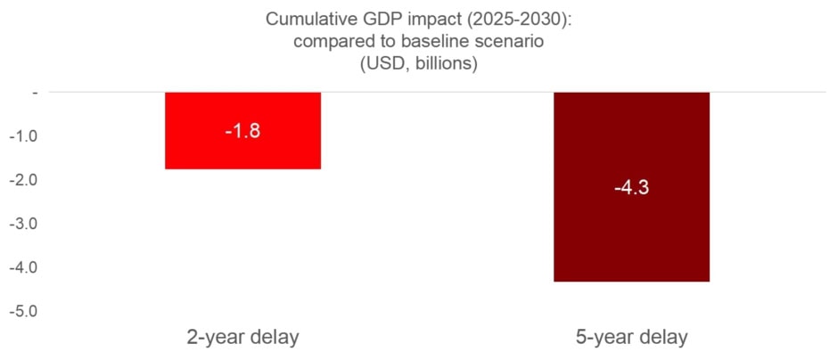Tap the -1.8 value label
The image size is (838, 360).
pyautogui.click(x=242, y=130)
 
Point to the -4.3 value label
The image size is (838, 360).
pyautogui.click(x=631, y=188)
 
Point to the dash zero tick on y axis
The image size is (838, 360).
pyautogui.click(x=34, y=92)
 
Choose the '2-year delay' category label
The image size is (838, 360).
pyautogui.click(x=242, y=338)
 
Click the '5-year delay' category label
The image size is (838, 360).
pyautogui.click(x=631, y=338)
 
